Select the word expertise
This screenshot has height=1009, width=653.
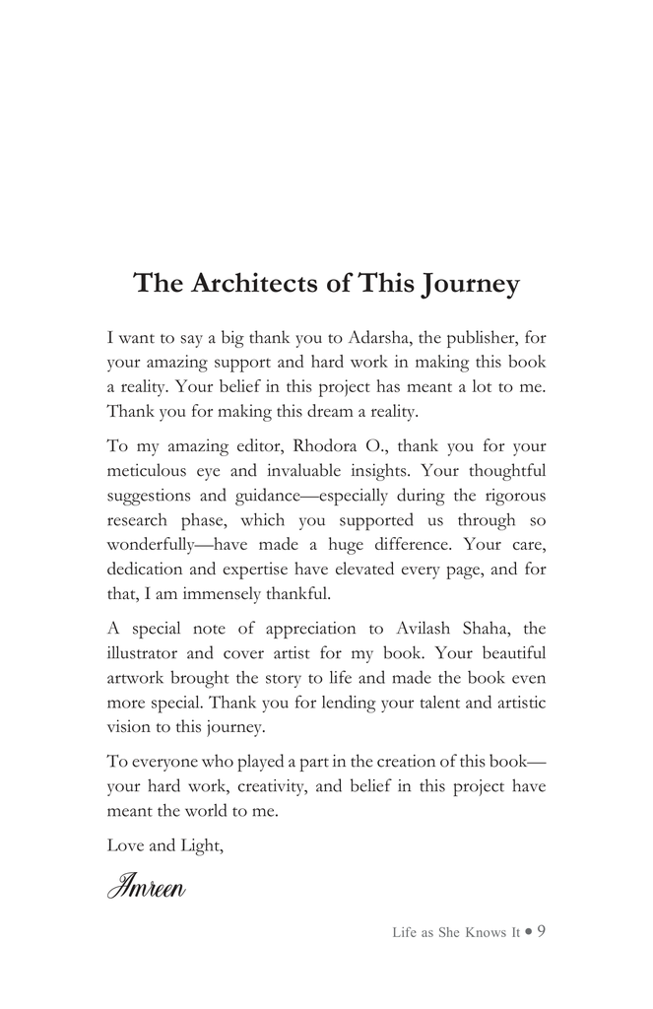point(290,569)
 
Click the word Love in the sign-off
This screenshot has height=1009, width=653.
point(125,846)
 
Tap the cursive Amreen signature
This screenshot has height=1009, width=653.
point(147,886)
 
